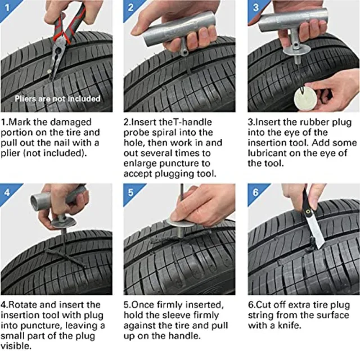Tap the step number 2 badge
(130, 7)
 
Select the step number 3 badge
(254, 7)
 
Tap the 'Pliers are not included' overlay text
(57, 98)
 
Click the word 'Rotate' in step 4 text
(24, 305)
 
